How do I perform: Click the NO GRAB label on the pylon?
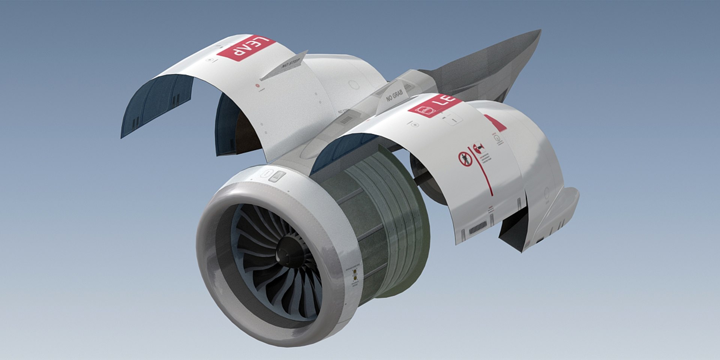[x=394, y=94]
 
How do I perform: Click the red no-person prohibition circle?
[x=464, y=159]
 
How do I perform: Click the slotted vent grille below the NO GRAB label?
[x=346, y=119]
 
